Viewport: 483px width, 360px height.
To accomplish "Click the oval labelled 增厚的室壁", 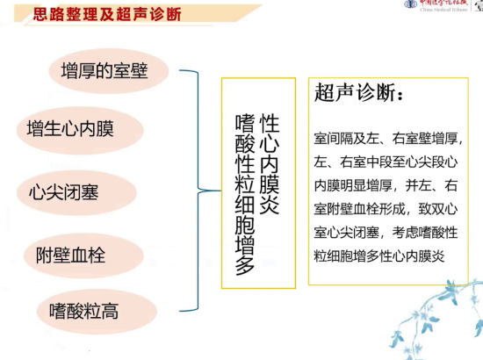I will (104, 71).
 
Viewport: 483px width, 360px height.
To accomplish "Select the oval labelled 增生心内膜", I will (76, 130).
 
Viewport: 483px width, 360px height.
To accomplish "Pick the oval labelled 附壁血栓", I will (76, 256).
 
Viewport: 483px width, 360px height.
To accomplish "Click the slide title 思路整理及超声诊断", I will (102, 15).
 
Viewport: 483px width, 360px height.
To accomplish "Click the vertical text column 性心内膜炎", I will (270, 162).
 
